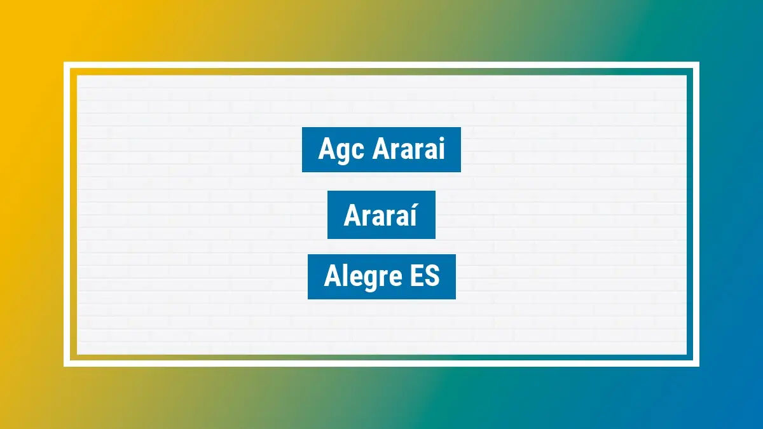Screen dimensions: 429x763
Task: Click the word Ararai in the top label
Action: pos(408,149)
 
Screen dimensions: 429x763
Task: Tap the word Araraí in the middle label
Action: pos(381,215)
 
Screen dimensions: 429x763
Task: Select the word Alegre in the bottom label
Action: pos(360,278)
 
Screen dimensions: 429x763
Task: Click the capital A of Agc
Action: pos(326,149)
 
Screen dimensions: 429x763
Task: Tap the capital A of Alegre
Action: pos(332,276)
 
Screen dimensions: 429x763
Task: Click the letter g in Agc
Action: pos(341,153)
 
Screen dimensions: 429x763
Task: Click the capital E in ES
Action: pos(413,276)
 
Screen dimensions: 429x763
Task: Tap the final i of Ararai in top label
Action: pos(441,149)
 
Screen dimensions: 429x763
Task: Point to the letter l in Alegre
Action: pos(344,276)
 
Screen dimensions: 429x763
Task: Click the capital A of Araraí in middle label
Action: pos(352,215)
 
